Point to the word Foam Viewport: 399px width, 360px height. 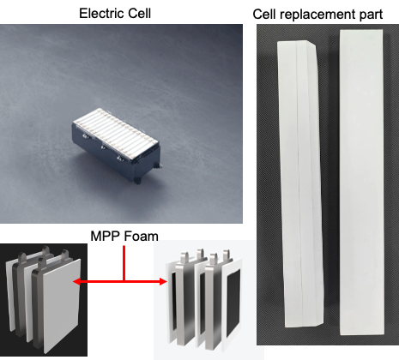tap(141, 237)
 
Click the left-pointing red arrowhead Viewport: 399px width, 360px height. tap(77, 282)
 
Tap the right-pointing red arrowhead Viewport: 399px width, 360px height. tap(163, 282)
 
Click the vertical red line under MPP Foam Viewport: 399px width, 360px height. tap(124, 263)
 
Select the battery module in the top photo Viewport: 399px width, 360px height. tap(116, 145)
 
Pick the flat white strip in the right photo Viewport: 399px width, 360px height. tap(361, 182)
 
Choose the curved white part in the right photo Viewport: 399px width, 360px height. tap(300, 183)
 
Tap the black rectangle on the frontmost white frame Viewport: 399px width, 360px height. tap(233, 303)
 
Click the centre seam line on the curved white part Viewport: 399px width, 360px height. tap(299, 183)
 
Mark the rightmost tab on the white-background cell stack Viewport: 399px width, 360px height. tap(227, 255)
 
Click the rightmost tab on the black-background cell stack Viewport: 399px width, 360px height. tap(64, 256)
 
